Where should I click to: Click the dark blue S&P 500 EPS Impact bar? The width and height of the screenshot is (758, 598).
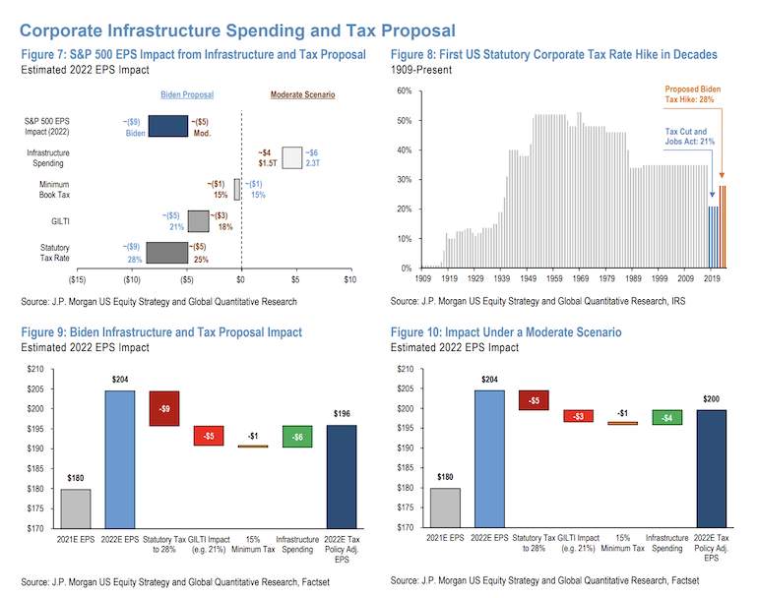(167, 126)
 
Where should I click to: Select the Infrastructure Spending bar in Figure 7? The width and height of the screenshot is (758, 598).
(292, 158)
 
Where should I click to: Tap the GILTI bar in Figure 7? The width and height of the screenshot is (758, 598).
(198, 221)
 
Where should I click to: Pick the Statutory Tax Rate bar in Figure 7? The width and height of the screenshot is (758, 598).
(166, 253)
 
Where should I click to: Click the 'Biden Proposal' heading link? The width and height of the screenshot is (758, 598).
(187, 94)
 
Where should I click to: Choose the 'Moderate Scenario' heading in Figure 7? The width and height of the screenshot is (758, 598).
(302, 94)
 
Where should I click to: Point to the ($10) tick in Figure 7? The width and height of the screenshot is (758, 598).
(132, 279)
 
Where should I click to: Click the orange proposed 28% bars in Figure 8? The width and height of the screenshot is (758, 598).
(723, 226)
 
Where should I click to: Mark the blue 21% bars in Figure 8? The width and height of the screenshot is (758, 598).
(713, 237)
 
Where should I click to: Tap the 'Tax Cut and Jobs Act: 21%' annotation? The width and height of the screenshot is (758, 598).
(689, 136)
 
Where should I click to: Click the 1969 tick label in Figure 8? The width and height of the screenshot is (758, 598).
(581, 278)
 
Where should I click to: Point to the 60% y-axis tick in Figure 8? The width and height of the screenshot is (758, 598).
(405, 90)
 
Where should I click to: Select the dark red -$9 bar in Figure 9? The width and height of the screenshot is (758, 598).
(164, 408)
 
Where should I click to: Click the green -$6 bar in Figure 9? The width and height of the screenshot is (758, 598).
(297, 436)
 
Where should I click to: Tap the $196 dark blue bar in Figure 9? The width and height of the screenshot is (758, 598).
(342, 477)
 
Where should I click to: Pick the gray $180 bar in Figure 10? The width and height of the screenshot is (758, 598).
(445, 508)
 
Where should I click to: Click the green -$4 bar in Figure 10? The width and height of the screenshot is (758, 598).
(667, 417)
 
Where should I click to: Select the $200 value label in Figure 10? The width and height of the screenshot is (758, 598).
(711, 399)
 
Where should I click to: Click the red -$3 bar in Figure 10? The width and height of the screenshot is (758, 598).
(579, 416)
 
